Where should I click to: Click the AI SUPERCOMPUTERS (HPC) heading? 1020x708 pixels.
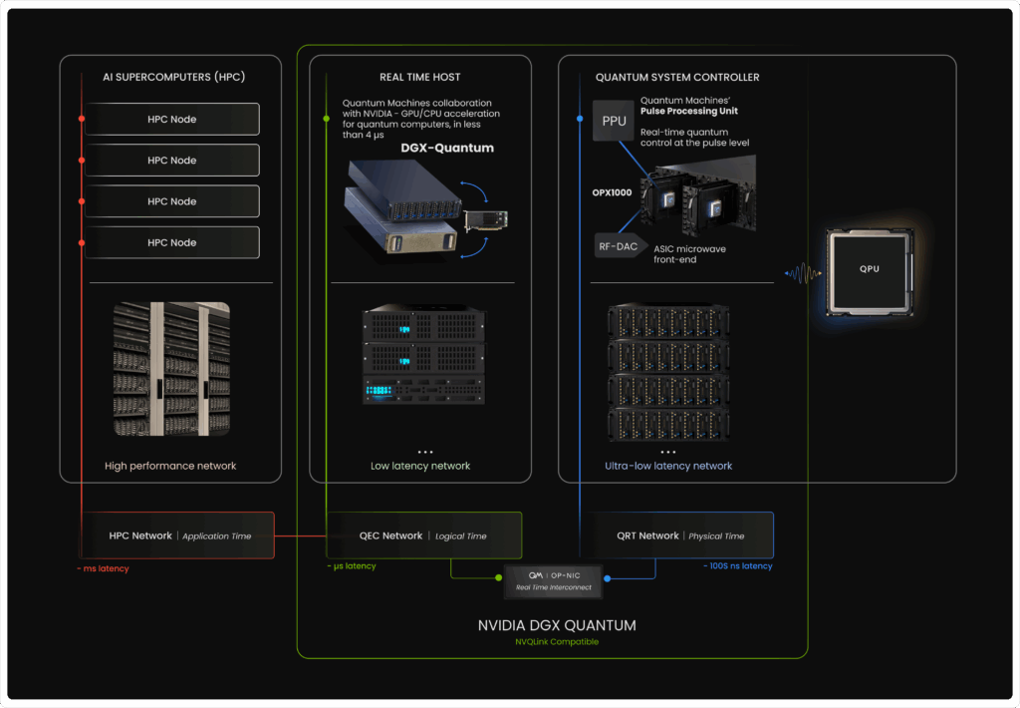[x=173, y=77]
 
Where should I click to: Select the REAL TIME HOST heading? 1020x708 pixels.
[x=419, y=77]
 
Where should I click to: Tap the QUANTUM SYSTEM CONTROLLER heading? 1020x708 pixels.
[x=676, y=77]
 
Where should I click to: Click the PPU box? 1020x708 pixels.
[x=614, y=121]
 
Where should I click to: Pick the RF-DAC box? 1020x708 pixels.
[x=618, y=245]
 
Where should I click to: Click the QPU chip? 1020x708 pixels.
[x=869, y=269]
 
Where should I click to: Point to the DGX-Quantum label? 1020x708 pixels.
[x=447, y=149]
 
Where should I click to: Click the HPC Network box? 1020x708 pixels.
[x=179, y=535]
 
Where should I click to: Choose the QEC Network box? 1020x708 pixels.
[x=423, y=535]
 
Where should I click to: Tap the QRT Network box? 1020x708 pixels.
[x=676, y=535]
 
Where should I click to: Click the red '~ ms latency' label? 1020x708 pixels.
[x=103, y=568]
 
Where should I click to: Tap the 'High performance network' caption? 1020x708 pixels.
[x=170, y=466]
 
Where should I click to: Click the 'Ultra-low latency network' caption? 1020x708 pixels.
[x=668, y=466]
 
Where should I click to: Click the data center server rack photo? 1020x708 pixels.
[x=170, y=369]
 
